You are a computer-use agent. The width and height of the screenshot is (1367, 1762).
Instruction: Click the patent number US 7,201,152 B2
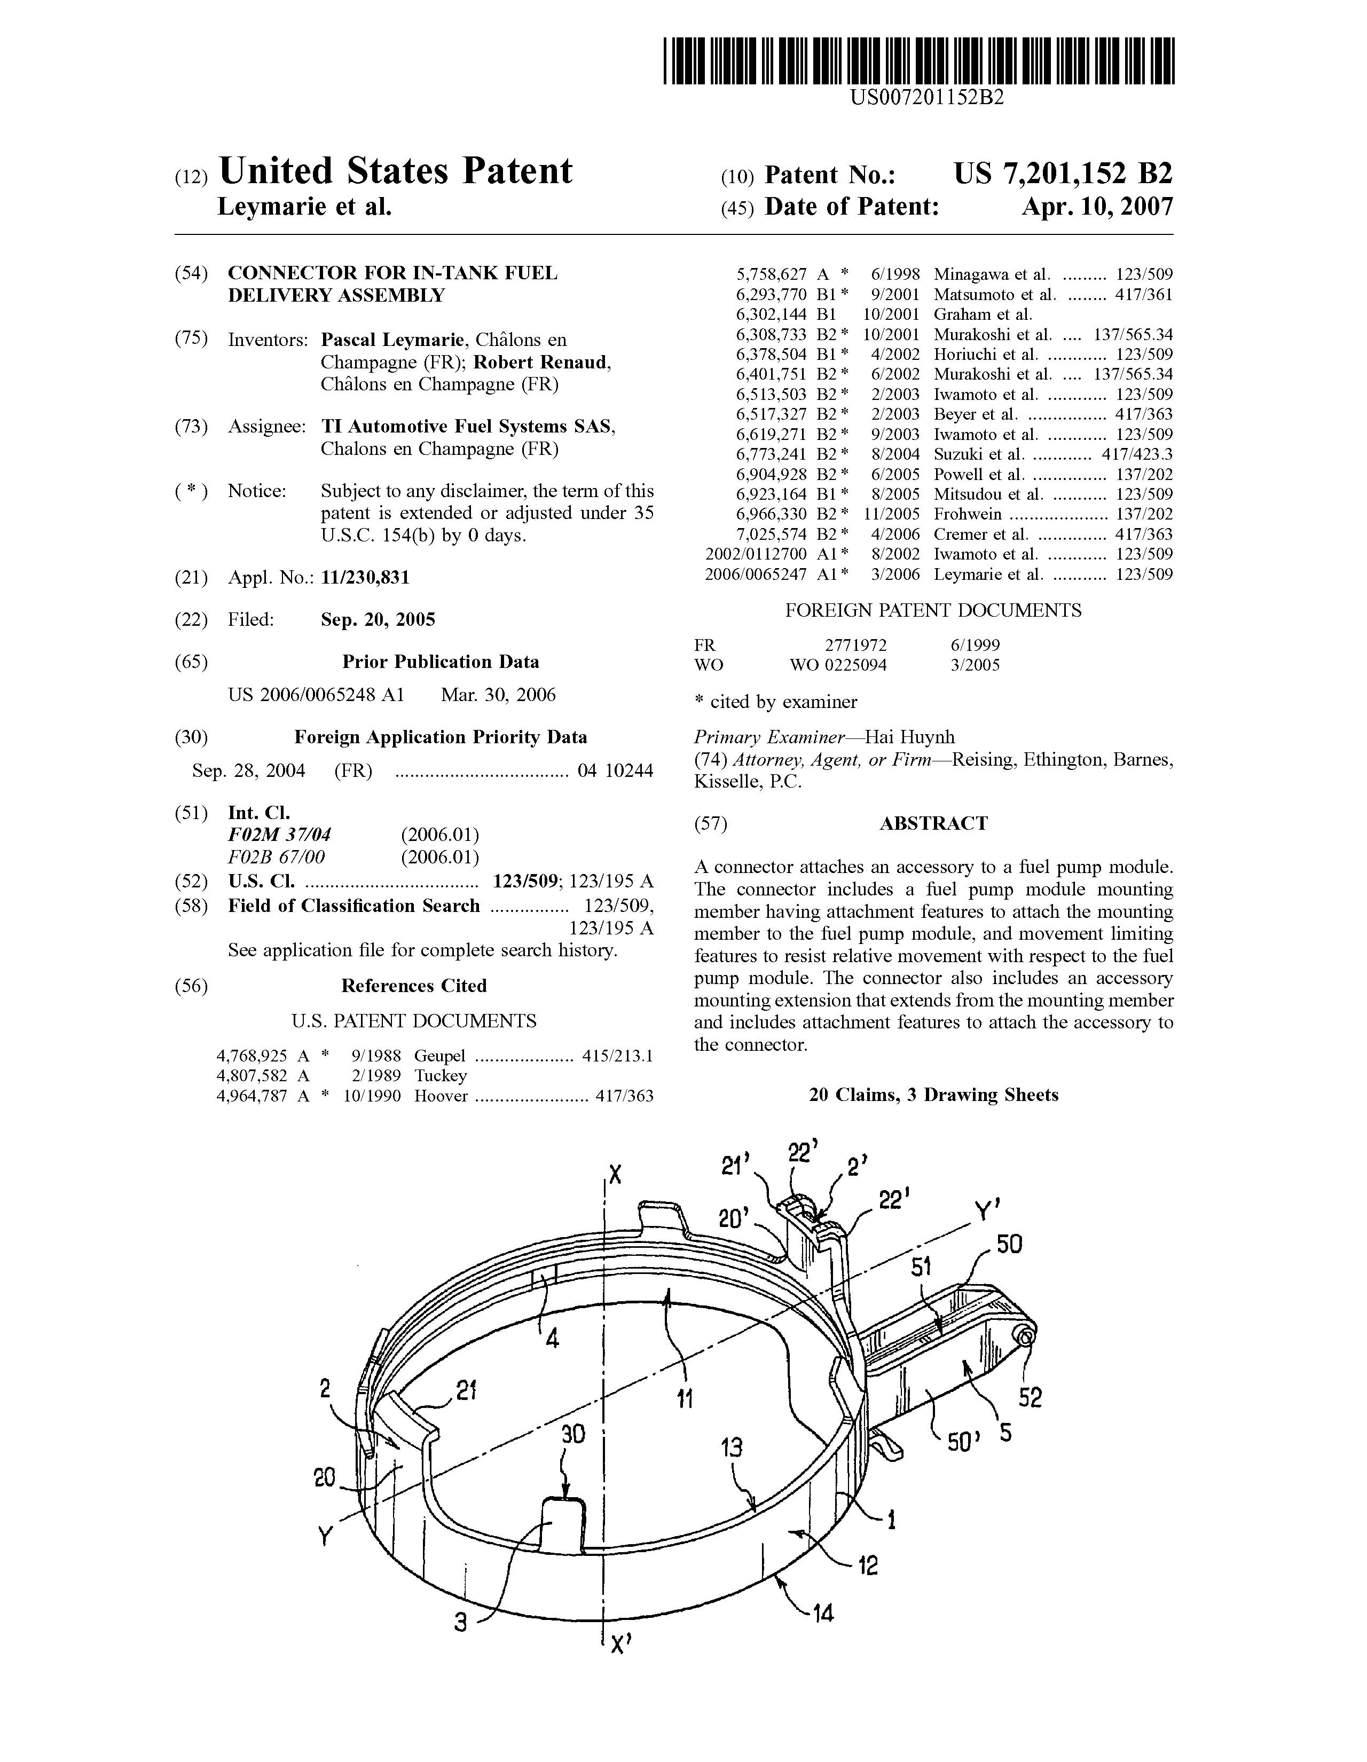[x=1063, y=174]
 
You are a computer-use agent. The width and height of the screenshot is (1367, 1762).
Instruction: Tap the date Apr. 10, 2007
[x=1097, y=207]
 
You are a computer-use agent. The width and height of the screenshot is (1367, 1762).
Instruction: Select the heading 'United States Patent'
[x=395, y=171]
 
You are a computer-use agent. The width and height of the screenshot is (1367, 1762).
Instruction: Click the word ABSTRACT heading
[x=933, y=824]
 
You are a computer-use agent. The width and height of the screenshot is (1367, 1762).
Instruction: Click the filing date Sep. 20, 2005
[x=378, y=619]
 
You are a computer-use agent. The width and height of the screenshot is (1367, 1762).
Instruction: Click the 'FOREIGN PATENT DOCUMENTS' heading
[x=933, y=611]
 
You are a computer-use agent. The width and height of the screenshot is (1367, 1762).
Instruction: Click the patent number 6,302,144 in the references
[x=771, y=314]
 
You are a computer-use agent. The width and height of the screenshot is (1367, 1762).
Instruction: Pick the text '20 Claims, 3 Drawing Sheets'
[x=933, y=1095]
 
